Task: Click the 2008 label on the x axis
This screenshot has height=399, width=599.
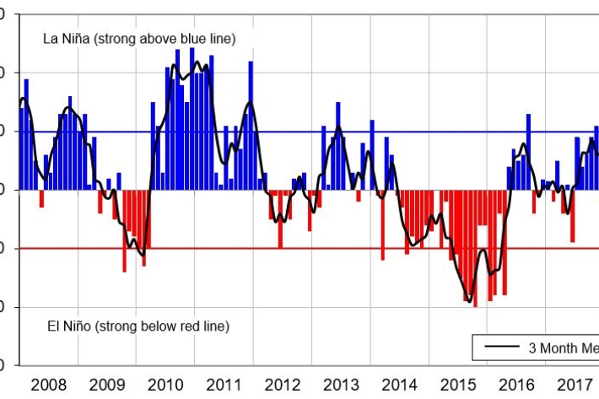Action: click(48, 385)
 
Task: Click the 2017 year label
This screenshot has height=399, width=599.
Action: click(575, 385)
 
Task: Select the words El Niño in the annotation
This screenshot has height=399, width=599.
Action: click(65, 326)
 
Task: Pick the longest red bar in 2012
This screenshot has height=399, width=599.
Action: click(280, 218)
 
